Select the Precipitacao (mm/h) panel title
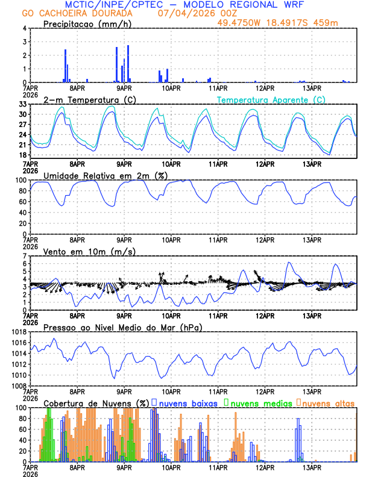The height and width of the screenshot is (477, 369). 87,24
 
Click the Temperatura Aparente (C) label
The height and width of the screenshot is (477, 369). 271,99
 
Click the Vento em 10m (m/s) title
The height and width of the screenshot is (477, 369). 89,251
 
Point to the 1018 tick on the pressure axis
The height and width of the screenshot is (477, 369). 17,332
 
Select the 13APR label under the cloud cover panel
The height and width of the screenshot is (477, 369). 312,467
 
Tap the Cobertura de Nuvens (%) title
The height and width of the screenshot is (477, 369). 96,402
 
